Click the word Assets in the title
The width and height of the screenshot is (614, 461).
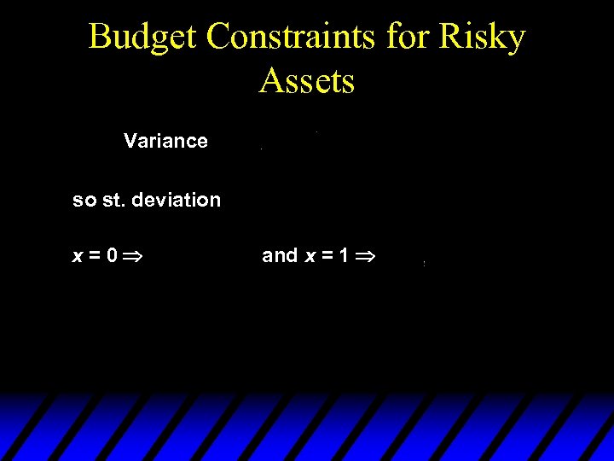click(306, 81)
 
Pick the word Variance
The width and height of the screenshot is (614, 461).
click(165, 141)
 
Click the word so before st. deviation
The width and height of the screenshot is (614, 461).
click(84, 201)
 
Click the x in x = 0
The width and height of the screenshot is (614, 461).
click(78, 255)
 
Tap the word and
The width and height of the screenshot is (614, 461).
click(280, 255)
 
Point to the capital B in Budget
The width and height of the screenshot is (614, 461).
click(99, 38)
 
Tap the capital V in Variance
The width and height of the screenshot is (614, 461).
click(130, 141)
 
